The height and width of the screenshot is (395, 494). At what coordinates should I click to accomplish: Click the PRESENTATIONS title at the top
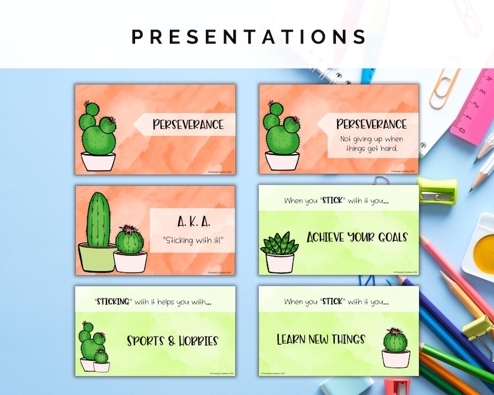point(249,36)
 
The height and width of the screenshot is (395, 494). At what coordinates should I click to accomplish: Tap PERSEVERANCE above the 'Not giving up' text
point(371,124)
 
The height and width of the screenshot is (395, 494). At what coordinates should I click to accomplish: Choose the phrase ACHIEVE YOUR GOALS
point(357,237)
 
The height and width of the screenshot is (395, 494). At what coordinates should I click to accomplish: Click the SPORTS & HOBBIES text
point(172,341)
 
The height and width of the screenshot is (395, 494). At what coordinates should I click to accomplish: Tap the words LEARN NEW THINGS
point(320,340)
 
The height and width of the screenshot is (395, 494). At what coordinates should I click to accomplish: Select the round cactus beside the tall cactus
point(129,239)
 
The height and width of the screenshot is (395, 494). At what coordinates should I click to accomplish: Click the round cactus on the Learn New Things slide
point(396,340)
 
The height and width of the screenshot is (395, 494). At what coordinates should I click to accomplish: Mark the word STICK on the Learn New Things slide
point(333,302)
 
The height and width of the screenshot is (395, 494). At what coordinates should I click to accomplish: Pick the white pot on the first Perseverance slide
point(98,162)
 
